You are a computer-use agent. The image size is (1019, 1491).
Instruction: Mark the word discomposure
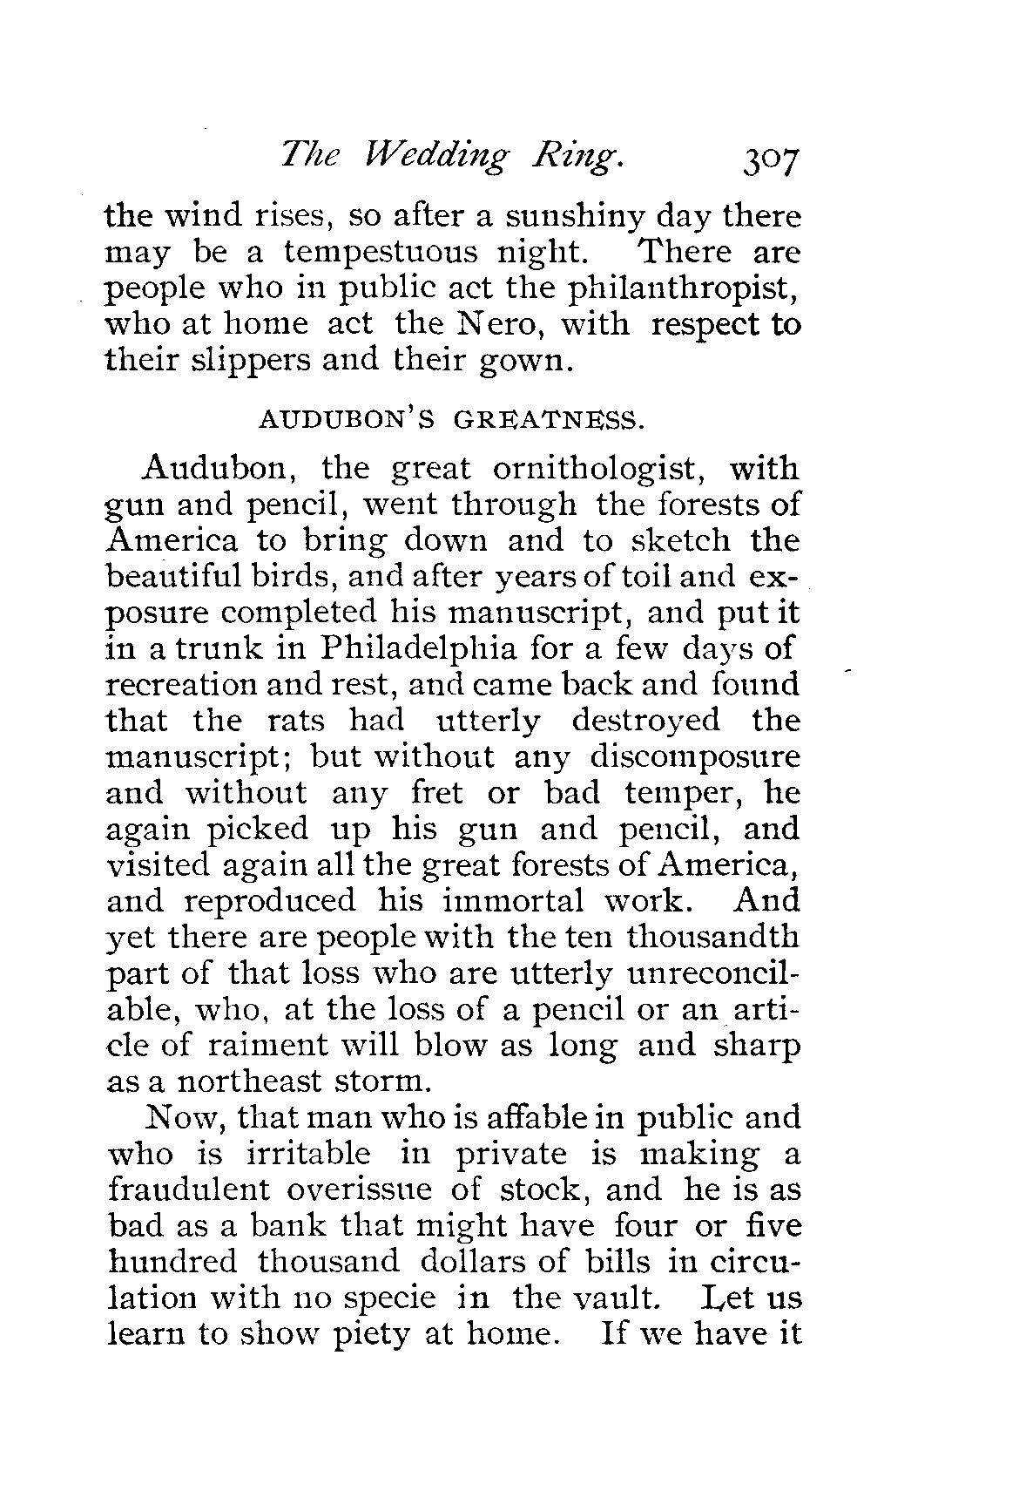(694, 756)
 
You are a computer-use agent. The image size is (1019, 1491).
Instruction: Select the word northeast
(251, 1081)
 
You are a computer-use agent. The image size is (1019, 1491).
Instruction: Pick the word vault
(621, 1298)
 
